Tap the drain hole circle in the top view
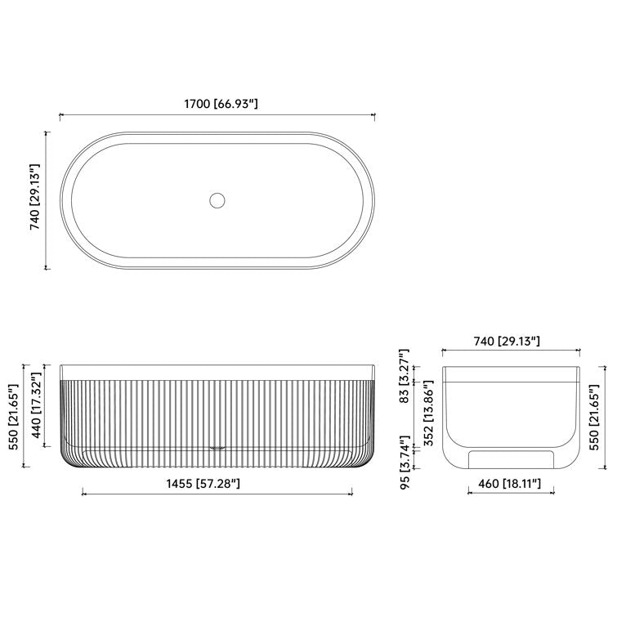(x=217, y=199)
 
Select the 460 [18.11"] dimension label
(x=511, y=484)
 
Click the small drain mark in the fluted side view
(x=217, y=447)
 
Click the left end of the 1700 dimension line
(x=60, y=115)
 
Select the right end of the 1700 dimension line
(x=375, y=115)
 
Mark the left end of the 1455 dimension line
(x=83, y=493)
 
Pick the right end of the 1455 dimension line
(x=352, y=493)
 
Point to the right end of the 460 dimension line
(x=554, y=493)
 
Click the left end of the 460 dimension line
(x=467, y=493)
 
